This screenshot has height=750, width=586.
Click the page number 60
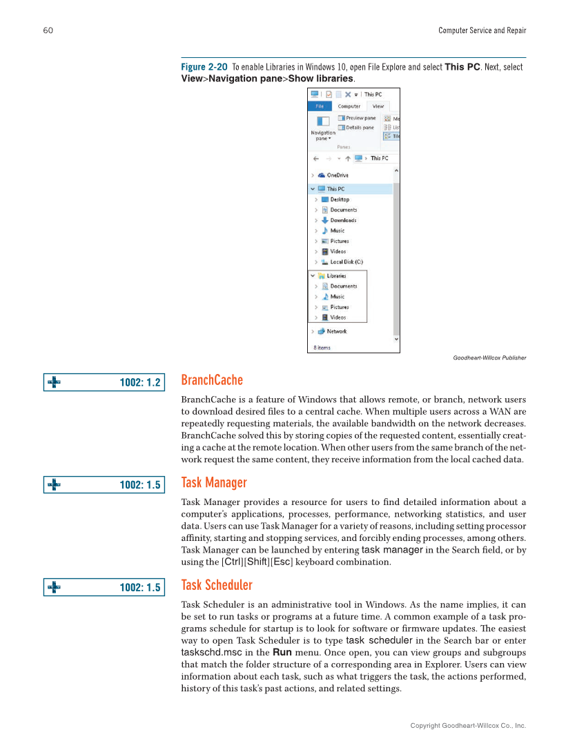point(48,30)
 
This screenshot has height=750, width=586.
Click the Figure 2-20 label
point(204,67)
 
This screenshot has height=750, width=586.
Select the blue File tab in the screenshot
point(320,106)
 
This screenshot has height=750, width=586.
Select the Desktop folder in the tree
point(339,199)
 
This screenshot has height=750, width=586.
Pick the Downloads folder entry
point(342,220)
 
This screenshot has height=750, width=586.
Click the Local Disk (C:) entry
point(346,262)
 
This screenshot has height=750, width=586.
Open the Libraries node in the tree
point(336,276)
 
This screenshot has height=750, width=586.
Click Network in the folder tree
point(336,331)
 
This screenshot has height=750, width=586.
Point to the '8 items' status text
point(322,348)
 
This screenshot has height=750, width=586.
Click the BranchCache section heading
point(212,381)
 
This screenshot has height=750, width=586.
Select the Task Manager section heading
point(213,483)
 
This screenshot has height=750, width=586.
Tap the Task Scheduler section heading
point(217,586)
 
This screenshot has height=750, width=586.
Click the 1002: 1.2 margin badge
point(104,382)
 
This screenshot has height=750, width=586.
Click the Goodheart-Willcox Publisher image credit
point(489,357)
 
